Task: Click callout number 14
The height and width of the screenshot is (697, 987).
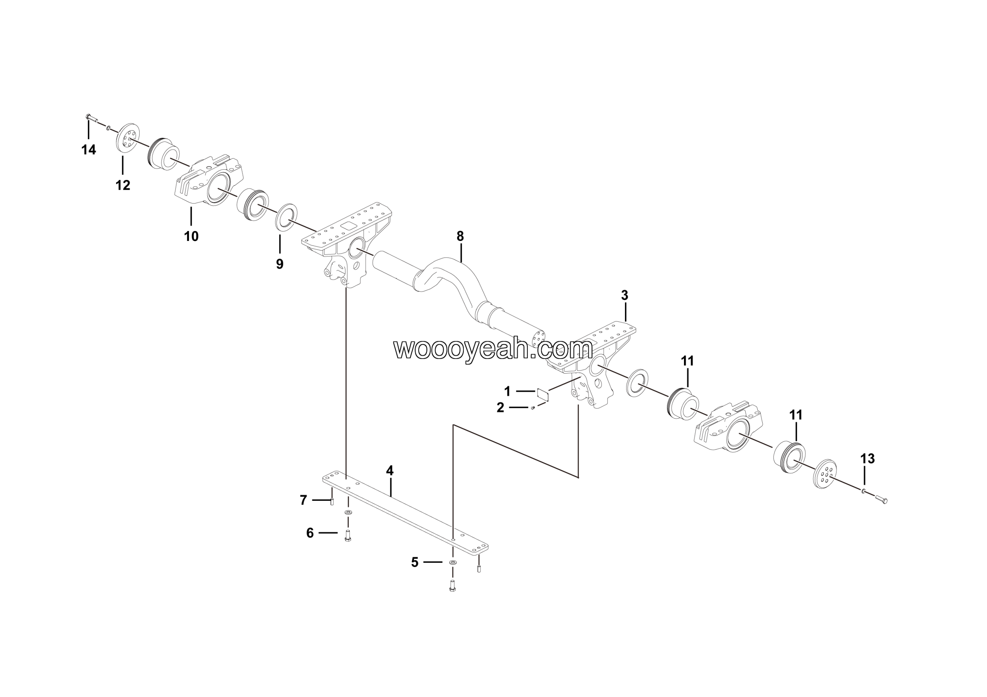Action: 89,150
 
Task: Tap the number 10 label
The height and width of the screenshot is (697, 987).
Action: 191,236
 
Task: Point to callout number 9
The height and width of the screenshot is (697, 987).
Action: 280,264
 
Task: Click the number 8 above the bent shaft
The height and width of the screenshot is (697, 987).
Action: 460,236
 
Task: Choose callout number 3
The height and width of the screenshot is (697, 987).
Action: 625,295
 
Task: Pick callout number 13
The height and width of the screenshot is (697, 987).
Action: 867,458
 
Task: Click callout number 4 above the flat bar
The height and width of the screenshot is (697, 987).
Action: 389,471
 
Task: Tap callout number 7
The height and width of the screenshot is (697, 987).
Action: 303,500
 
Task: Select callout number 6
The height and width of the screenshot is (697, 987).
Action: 310,533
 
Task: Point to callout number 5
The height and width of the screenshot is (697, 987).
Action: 414,562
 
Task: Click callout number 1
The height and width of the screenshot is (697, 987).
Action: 507,391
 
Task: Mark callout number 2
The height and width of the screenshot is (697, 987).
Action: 500,407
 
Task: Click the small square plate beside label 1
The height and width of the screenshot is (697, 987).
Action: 544,394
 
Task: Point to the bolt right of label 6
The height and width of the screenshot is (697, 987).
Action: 348,536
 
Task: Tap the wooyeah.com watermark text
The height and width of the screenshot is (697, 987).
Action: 493,349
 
